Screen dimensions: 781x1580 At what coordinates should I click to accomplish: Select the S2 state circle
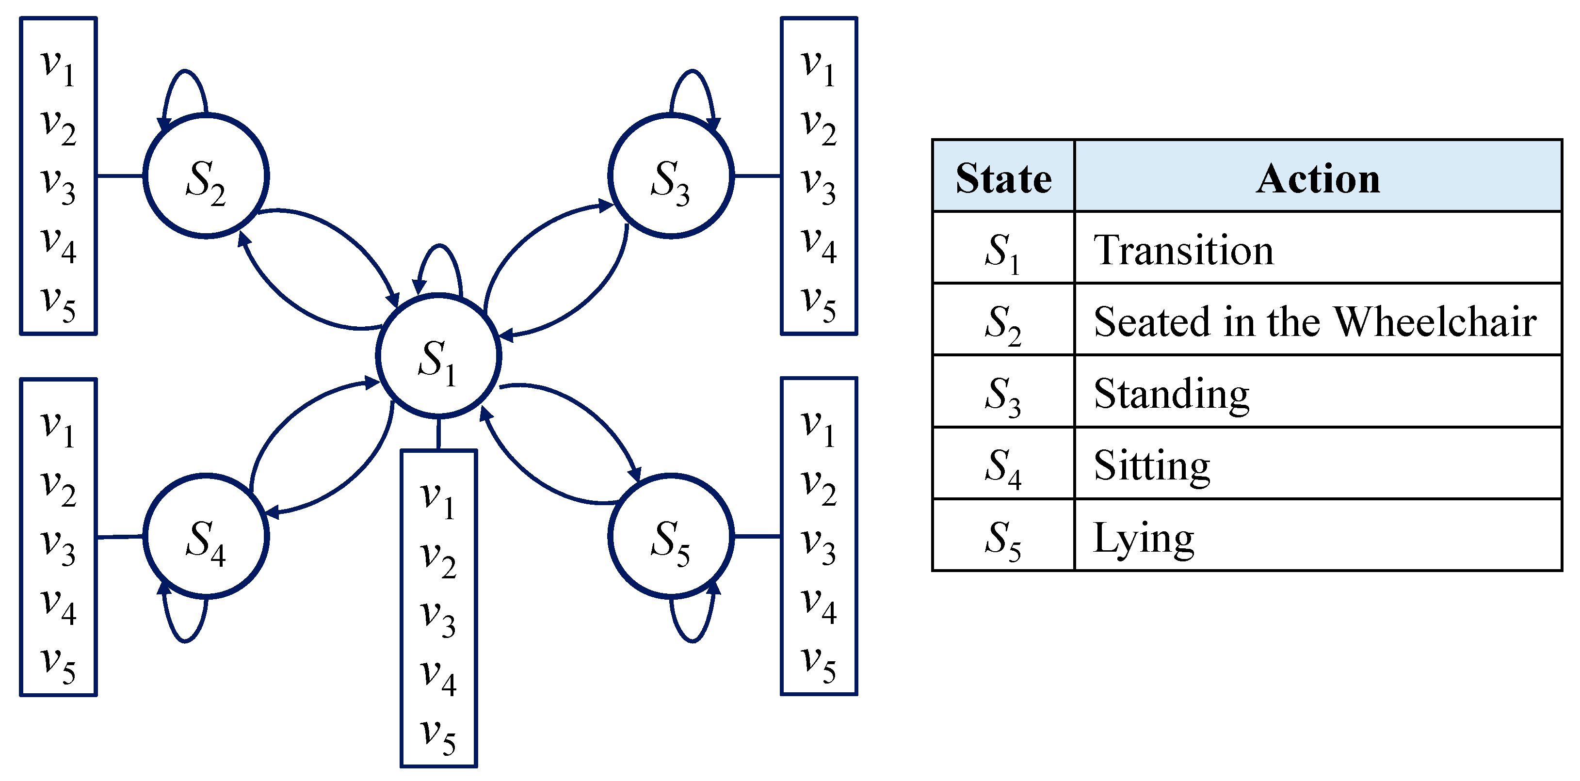click(206, 176)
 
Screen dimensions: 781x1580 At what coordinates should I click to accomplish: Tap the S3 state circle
click(671, 176)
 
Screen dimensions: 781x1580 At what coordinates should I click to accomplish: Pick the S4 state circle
click(206, 536)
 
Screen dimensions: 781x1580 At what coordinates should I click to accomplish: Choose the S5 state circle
click(671, 536)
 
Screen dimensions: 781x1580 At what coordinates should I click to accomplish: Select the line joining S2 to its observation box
click(120, 176)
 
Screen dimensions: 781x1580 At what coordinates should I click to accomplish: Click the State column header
click(1003, 178)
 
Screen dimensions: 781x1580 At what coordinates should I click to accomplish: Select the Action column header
click(1318, 178)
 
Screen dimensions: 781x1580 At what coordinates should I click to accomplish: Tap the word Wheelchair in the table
click(1435, 321)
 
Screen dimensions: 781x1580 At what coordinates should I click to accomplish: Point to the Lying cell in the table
click(1144, 538)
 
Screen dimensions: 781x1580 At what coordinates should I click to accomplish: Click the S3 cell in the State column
click(1003, 394)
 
